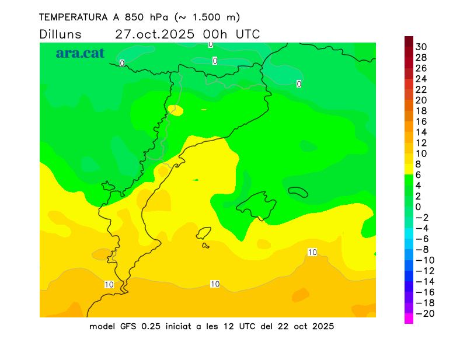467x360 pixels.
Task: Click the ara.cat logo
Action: (x=80, y=53)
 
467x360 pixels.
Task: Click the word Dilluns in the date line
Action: (x=61, y=34)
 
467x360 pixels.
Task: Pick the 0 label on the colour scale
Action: (x=418, y=207)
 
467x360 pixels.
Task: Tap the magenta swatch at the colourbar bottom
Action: (x=409, y=319)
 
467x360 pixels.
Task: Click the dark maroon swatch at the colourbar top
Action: (x=409, y=41)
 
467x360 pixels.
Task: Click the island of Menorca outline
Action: (x=298, y=191)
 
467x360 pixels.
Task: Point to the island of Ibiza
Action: (x=204, y=234)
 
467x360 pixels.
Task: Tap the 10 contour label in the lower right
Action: (x=312, y=252)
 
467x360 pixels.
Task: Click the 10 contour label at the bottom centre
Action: (x=215, y=284)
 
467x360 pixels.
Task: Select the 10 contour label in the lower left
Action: (x=109, y=285)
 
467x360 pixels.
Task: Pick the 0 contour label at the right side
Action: (x=299, y=84)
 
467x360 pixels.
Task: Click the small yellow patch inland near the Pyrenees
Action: (x=175, y=110)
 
